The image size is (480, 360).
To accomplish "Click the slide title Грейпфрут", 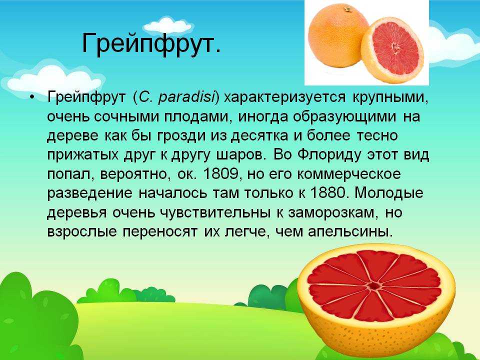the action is tap(151, 44).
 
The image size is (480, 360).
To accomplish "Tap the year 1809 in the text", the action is tap(220, 174).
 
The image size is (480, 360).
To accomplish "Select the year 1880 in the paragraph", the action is tap(327, 193).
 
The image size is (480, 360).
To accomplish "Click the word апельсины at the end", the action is tap(350, 231).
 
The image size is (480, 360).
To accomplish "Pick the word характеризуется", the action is tap(285, 98).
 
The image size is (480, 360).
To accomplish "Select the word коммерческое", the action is tap(348, 174).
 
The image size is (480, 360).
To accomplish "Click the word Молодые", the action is tap(388, 193).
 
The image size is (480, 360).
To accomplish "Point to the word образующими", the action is tap(344, 117).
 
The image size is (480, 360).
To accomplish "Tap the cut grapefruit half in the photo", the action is tap(392, 50).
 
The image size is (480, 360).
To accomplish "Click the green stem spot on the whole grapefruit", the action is tap(347, 9).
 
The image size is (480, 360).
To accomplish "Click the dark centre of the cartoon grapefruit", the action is tap(373, 286).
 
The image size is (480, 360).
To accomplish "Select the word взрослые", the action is tap(81, 231).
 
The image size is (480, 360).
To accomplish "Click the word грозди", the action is tap(181, 135).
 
